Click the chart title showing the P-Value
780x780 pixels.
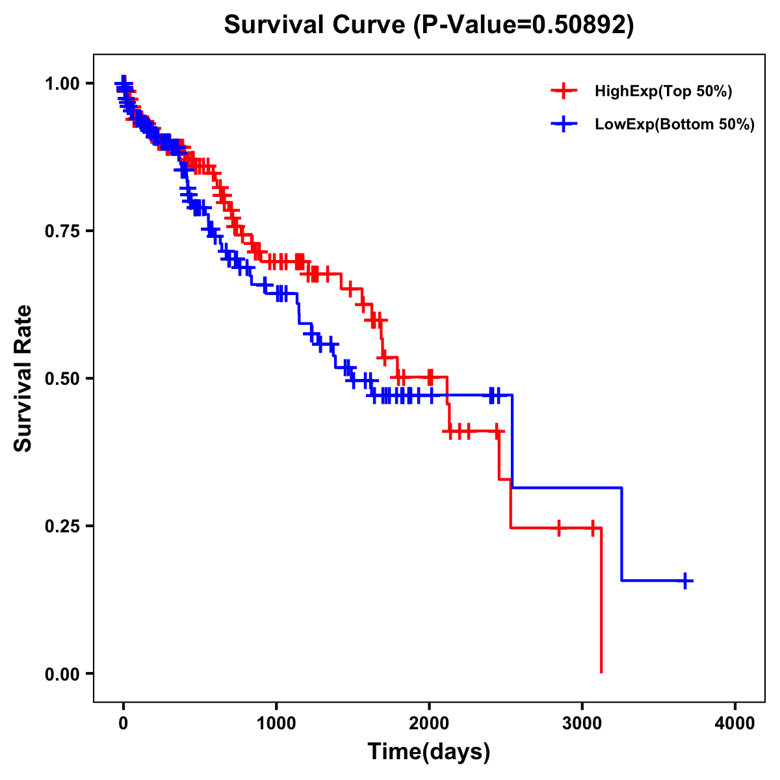pyautogui.click(x=428, y=25)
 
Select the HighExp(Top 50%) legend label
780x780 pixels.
pyautogui.click(x=663, y=92)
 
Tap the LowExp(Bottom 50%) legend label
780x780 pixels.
pyautogui.click(x=675, y=124)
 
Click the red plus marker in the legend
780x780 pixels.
pyautogui.click(x=564, y=92)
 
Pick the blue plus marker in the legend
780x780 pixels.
pyautogui.click(x=564, y=124)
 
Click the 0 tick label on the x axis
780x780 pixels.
pyautogui.click(x=123, y=723)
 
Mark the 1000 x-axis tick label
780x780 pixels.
pyautogui.click(x=276, y=723)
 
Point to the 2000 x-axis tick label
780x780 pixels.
pyautogui.click(x=429, y=723)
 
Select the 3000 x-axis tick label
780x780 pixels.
pyautogui.click(x=582, y=723)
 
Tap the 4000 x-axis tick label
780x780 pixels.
pyautogui.click(x=735, y=723)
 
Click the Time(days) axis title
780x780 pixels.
pyautogui.click(x=429, y=752)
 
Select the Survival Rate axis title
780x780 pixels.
pyautogui.click(x=23, y=378)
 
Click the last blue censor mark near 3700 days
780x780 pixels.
pyautogui.click(x=685, y=580)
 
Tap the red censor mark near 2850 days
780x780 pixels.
pyautogui.click(x=558, y=528)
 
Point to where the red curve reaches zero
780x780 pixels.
pyautogui.click(x=601, y=672)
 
